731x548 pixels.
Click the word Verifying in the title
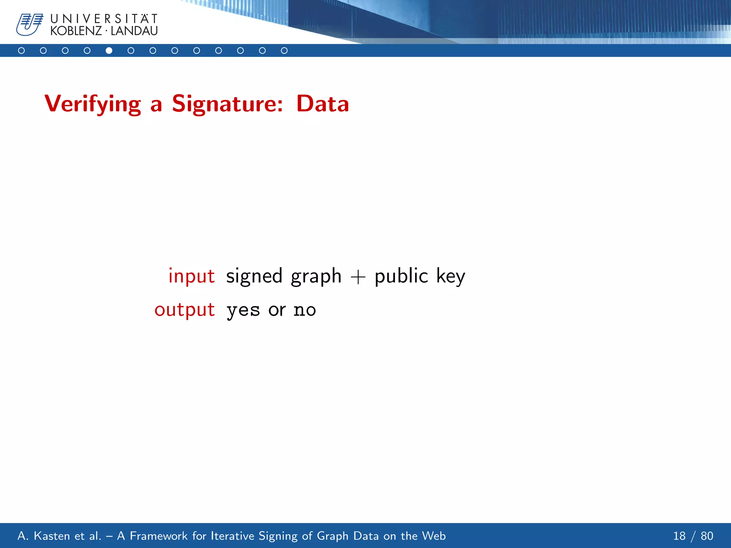tap(93, 104)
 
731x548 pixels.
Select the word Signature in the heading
tap(227, 104)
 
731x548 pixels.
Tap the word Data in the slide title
tap(322, 104)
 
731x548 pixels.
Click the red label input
tap(191, 276)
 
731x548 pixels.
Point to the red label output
tap(185, 310)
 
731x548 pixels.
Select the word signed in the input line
tap(254, 276)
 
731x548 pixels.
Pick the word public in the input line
tap(401, 276)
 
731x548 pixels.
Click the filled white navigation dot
tap(109, 51)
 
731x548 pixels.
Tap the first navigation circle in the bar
tap(21, 51)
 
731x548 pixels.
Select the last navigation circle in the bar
tap(284, 51)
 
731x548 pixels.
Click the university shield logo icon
tap(29, 24)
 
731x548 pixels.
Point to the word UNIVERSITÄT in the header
tap(104, 19)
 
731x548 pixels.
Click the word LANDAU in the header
tap(134, 31)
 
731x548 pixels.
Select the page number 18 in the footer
tap(679, 536)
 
